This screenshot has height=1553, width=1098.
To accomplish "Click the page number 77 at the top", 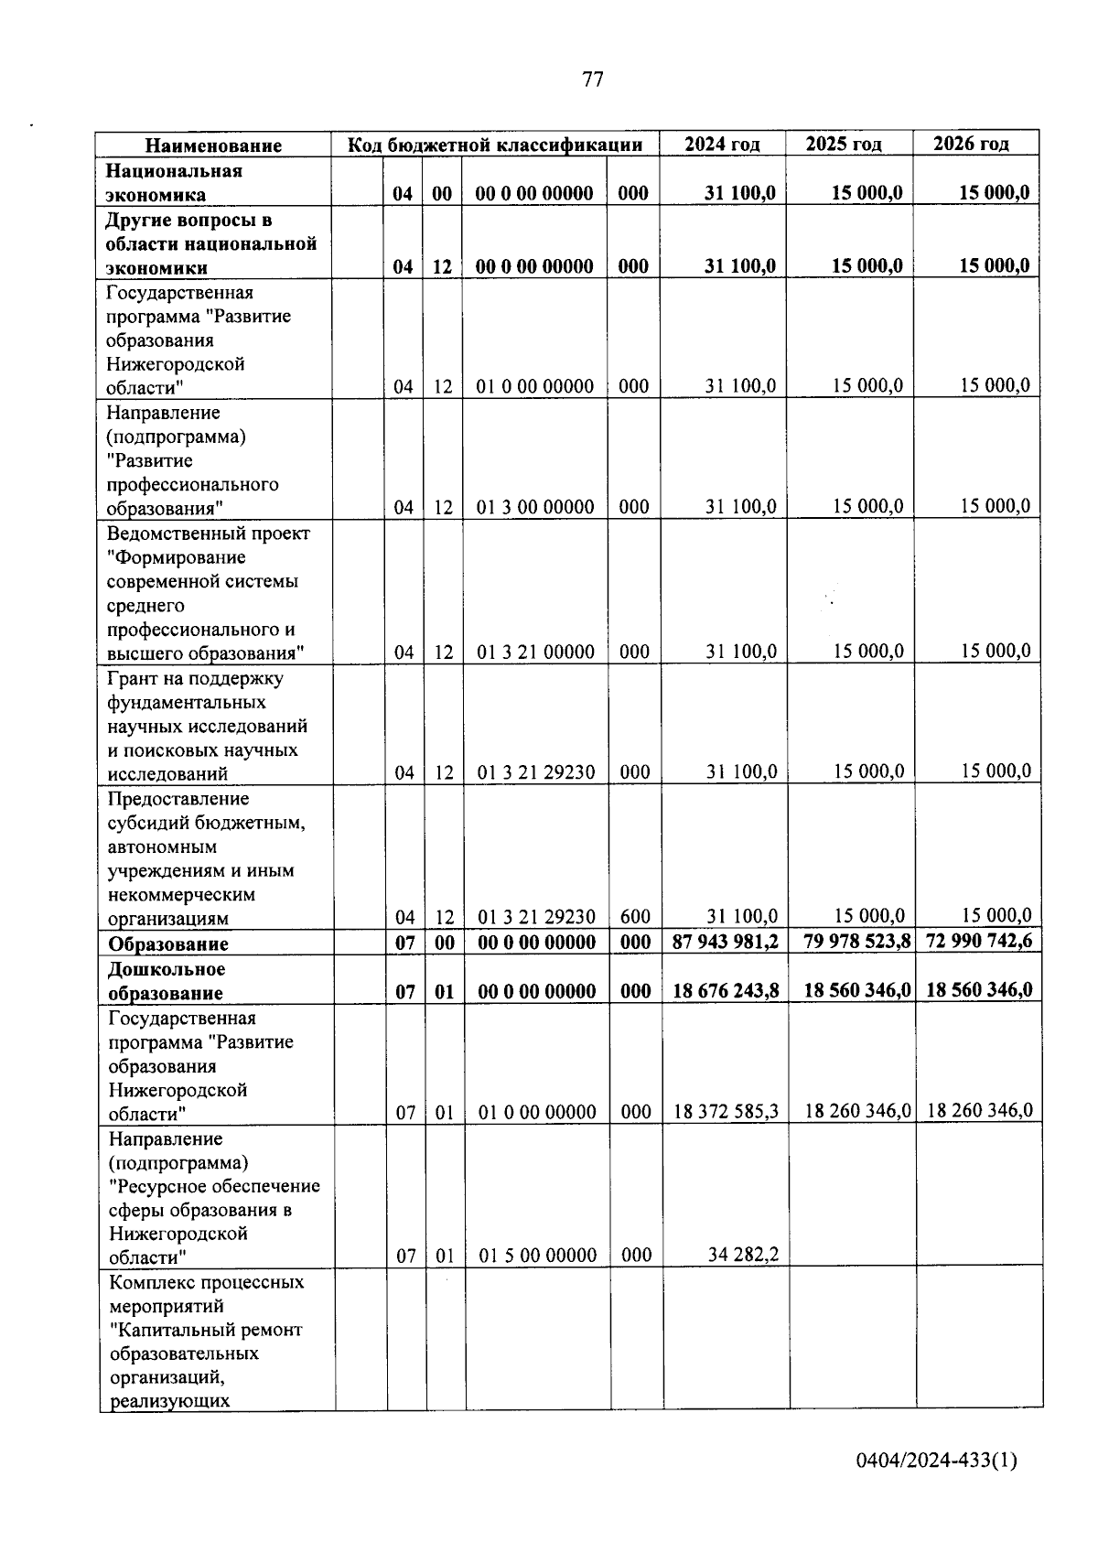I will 593,80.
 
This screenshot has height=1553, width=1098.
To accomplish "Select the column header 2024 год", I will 723,144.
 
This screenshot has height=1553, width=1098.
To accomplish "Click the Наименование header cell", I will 213,146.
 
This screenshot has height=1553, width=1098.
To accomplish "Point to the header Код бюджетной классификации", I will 494,145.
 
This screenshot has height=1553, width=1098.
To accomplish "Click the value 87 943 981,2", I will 726,942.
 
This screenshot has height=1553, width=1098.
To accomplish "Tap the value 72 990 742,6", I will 979,941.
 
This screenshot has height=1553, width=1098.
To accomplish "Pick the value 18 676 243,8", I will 726,990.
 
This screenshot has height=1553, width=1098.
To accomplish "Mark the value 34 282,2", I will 743,1255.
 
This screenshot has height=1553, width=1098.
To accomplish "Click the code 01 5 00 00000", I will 538,1256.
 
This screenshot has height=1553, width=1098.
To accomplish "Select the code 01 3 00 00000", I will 535,507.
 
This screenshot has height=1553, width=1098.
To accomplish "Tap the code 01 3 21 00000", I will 535,652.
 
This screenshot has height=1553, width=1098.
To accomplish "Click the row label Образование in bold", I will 167,944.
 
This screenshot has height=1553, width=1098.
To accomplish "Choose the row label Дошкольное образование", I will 166,981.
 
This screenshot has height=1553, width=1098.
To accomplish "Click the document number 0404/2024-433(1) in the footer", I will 936,1461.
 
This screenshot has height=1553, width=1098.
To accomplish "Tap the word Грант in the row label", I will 134,679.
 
